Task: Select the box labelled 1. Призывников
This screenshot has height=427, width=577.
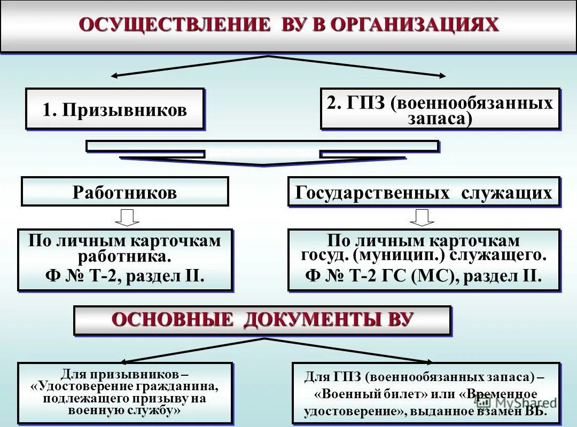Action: (x=115, y=109)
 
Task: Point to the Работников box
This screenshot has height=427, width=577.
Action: (x=124, y=192)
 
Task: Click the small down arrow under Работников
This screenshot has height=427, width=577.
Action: (x=127, y=217)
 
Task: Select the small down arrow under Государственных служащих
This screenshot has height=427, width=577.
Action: (x=422, y=217)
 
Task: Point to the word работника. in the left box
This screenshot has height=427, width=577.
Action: (x=124, y=257)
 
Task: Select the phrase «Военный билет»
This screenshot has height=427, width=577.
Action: (x=363, y=394)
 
